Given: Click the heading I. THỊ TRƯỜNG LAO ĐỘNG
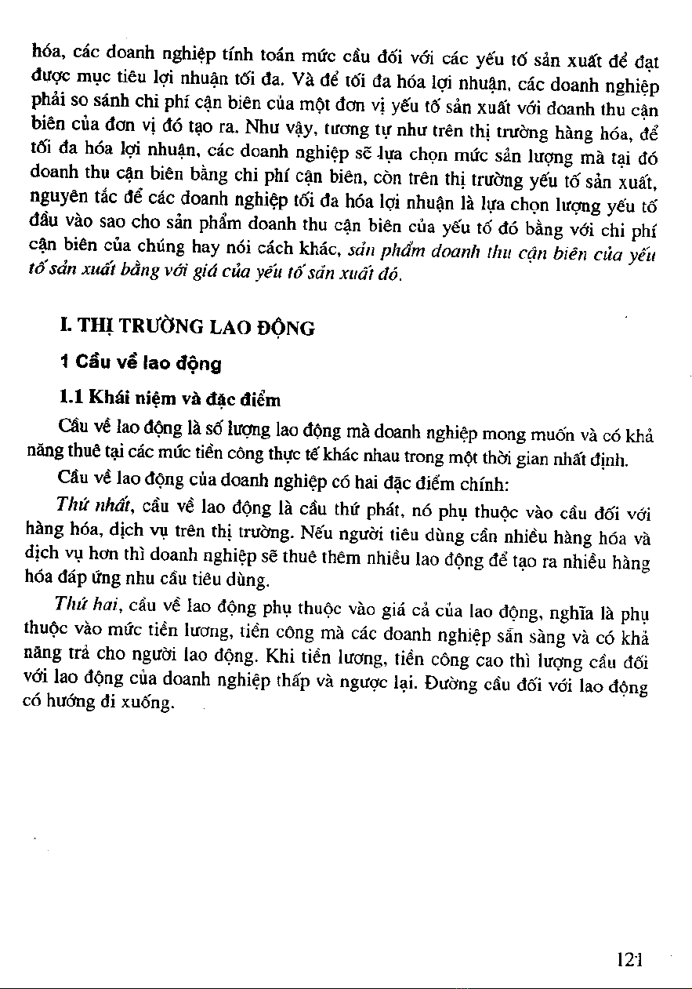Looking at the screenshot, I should click(187, 326).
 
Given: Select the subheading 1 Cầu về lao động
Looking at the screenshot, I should click(140, 363).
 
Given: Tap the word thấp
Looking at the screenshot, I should click(299, 676).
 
